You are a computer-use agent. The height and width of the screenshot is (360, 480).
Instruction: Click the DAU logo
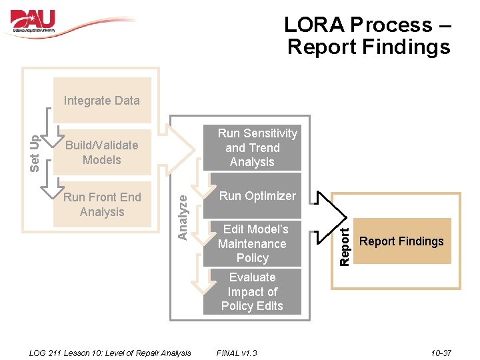33,21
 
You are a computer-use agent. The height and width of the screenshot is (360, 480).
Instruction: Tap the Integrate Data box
102,101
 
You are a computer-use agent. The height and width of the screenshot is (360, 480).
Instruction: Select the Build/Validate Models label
101,153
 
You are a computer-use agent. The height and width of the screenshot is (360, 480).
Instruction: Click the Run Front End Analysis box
102,205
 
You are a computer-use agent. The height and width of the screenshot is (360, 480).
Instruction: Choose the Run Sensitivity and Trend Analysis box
252,148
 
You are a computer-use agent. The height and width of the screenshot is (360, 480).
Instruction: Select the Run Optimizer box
257,196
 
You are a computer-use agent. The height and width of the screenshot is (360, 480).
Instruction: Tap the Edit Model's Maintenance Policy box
252,243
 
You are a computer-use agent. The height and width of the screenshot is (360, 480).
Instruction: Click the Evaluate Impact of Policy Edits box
252,291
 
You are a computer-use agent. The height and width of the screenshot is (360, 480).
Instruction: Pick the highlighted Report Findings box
401,241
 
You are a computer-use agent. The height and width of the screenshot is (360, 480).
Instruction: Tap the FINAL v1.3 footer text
237,353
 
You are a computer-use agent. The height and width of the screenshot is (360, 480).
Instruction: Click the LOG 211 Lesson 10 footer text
111,353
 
